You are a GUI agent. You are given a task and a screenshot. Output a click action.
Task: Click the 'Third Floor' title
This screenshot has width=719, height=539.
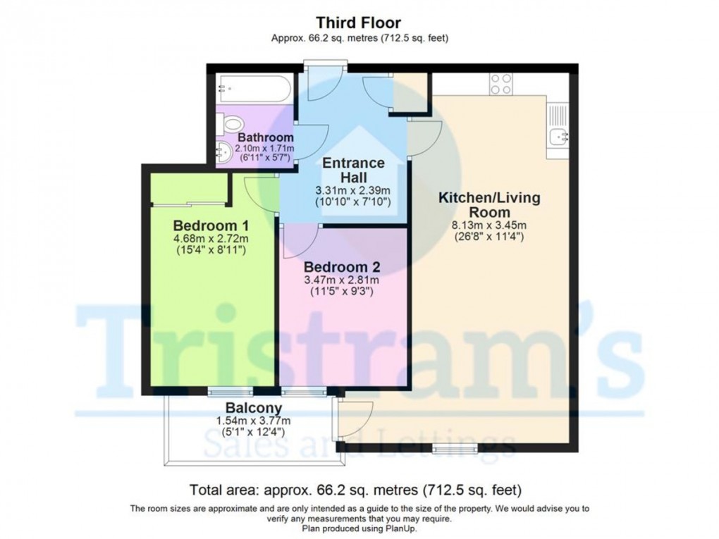click(x=359, y=23)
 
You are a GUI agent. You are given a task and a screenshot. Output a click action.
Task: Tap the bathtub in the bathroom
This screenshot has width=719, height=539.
click(x=254, y=89)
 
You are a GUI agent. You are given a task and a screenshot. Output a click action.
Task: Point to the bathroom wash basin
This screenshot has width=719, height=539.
click(x=225, y=151)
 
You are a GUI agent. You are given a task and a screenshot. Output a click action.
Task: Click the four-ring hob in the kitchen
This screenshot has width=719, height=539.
click(x=500, y=85)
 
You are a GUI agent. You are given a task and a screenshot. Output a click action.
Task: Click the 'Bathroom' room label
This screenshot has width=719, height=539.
click(x=266, y=137)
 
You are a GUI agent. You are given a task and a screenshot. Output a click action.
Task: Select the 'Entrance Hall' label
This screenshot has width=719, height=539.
click(x=354, y=170)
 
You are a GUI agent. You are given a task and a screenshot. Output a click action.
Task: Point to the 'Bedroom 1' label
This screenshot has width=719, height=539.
click(x=211, y=225)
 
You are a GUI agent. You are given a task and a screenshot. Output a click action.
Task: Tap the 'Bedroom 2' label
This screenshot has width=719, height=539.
click(x=342, y=267)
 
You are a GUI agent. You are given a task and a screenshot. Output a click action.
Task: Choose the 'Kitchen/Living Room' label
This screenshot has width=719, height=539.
click(x=489, y=205)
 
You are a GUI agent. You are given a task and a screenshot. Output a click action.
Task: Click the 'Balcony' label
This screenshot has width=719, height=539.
click(x=254, y=407)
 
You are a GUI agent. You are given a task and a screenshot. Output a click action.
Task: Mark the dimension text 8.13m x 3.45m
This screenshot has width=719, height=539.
click(x=488, y=225)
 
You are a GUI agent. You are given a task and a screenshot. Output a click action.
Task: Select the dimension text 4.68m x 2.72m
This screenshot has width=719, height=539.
click(x=211, y=239)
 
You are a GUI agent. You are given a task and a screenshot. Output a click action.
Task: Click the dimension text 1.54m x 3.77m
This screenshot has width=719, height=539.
click(x=253, y=421)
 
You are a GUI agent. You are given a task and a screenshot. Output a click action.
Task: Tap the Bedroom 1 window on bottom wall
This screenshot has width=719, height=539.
click(x=231, y=392)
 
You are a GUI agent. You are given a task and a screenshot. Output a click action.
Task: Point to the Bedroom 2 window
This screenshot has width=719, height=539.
click(x=304, y=392)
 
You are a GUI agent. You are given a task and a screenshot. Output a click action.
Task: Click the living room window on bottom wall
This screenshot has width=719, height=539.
click(x=455, y=448)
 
